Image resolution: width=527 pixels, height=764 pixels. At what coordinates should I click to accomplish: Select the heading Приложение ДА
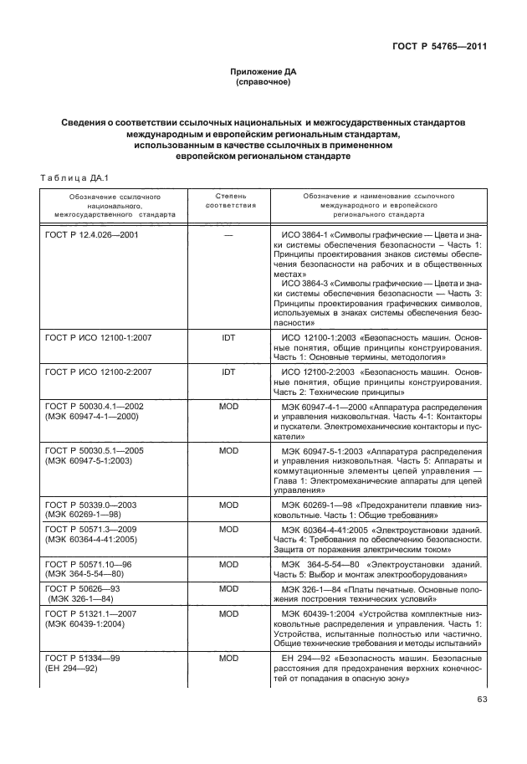[263, 73]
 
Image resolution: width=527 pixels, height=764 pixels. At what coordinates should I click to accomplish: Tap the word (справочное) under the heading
[263, 84]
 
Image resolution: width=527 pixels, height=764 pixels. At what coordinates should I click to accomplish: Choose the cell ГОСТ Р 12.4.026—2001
[91, 236]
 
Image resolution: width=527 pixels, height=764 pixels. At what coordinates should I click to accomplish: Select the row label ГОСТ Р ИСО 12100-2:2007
[96, 371]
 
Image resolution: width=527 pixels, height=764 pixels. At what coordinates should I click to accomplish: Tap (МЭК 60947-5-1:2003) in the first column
[87, 460]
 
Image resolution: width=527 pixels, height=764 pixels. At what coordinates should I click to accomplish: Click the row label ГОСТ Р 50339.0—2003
[90, 505]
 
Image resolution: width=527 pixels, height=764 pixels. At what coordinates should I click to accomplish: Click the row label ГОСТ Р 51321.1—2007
[92, 613]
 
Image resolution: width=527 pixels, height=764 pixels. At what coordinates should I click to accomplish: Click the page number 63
[480, 700]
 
